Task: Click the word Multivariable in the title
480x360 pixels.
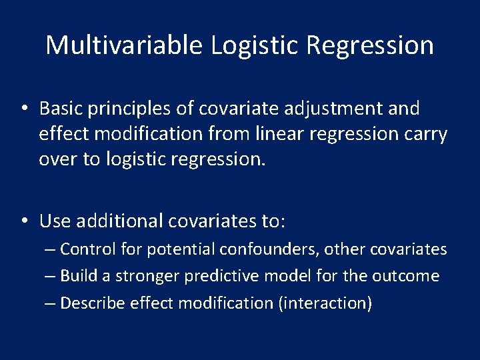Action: tap(124, 45)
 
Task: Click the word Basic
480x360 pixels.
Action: tap(59, 108)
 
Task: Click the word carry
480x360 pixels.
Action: tap(424, 134)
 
